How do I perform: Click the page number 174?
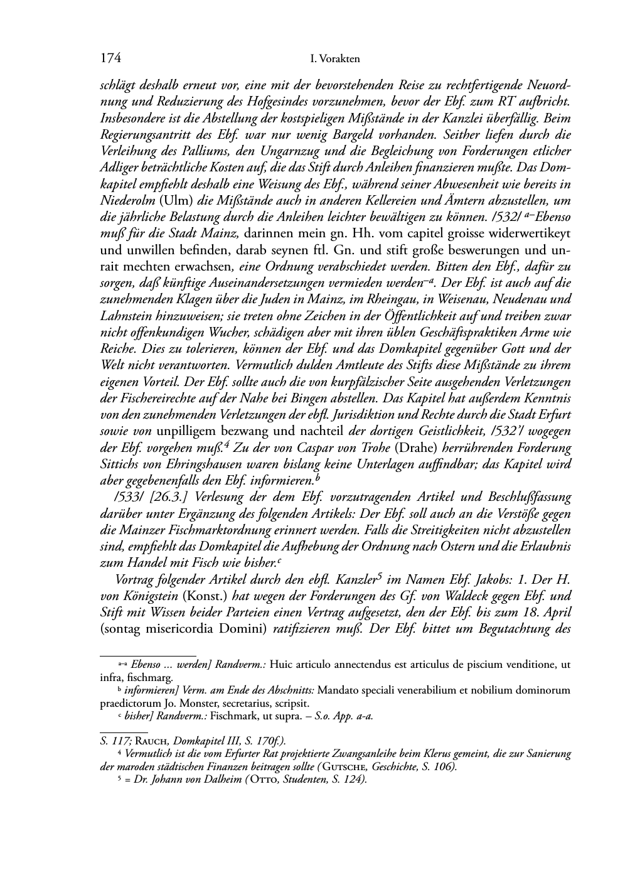(x=110, y=59)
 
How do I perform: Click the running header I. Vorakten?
(x=335, y=60)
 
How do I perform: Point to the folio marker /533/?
(x=128, y=496)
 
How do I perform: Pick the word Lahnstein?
(x=125, y=315)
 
